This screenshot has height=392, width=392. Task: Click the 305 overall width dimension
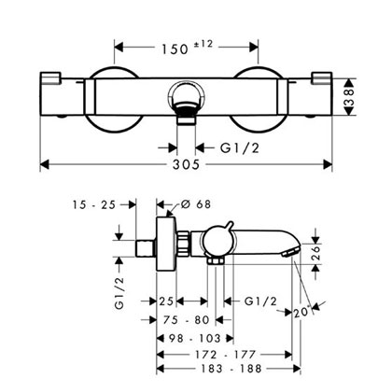tap(186, 164)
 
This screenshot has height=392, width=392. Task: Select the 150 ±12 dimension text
tap(187, 48)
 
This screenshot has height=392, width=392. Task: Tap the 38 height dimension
tap(350, 97)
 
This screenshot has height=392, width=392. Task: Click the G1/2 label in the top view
tap(240, 148)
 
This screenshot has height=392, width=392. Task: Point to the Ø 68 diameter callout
tap(196, 204)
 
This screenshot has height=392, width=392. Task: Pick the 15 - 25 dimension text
tap(94, 205)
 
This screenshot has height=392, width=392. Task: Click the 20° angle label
tap(302, 313)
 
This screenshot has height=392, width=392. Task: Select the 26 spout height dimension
tap(316, 254)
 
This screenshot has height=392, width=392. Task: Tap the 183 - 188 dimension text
tap(231, 369)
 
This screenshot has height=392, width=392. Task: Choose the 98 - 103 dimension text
tap(194, 338)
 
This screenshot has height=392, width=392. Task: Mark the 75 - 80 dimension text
tap(187, 320)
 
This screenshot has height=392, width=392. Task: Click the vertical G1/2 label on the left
tap(119, 293)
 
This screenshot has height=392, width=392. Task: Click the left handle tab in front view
tap(50, 77)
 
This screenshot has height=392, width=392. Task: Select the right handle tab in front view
tap(322, 77)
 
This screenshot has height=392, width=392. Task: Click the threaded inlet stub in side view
tap(147, 248)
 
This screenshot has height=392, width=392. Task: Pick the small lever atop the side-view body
tap(229, 226)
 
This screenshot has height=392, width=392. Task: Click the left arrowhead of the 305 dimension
tap(45, 164)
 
